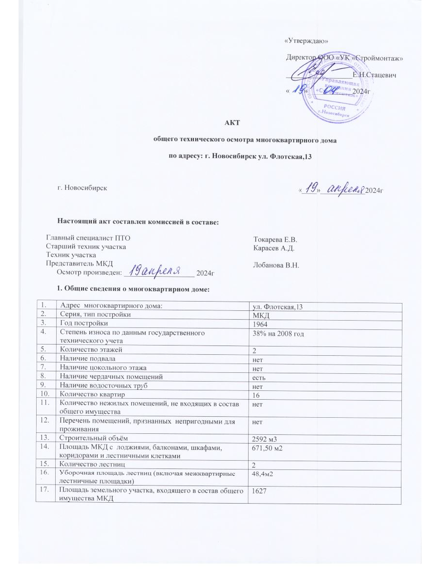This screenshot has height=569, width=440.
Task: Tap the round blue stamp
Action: click(331, 87)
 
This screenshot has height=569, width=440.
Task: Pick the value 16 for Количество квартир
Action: click(254, 394)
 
